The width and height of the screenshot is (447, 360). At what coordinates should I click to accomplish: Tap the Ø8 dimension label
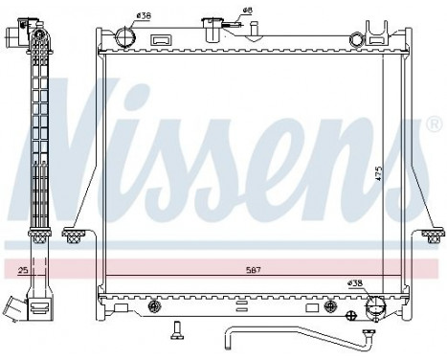pyautogui.click(x=246, y=10)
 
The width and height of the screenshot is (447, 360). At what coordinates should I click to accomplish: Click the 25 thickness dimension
pyautogui.click(x=21, y=271)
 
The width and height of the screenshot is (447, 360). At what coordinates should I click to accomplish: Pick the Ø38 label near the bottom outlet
pyautogui.click(x=354, y=283)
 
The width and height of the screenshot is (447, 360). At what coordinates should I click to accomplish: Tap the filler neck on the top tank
pyautogui.click(x=210, y=25)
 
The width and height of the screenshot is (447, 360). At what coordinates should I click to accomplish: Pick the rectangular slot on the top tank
pyautogui.click(x=162, y=41)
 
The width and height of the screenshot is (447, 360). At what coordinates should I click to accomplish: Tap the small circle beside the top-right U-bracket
pyautogui.click(x=356, y=40)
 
